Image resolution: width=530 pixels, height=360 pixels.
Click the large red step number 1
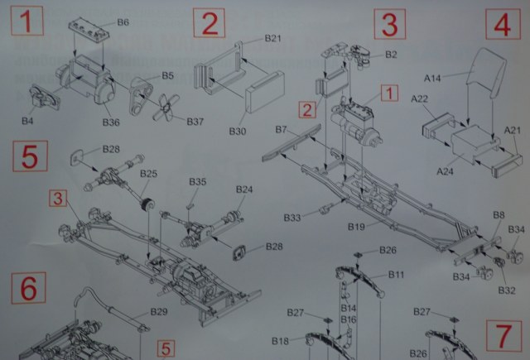(x=28, y=22)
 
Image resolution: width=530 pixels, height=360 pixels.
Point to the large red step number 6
(x=28, y=289)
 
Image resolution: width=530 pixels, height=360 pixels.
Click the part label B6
(x=122, y=22)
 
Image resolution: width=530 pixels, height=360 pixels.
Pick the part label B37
(x=195, y=122)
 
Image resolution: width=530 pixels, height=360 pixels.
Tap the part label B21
(x=273, y=39)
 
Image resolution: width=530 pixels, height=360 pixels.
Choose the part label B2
(x=391, y=55)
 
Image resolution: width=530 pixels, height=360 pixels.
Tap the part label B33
(x=291, y=218)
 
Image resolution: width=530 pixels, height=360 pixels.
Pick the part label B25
(x=148, y=174)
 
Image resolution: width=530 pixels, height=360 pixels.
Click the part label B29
(x=159, y=312)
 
